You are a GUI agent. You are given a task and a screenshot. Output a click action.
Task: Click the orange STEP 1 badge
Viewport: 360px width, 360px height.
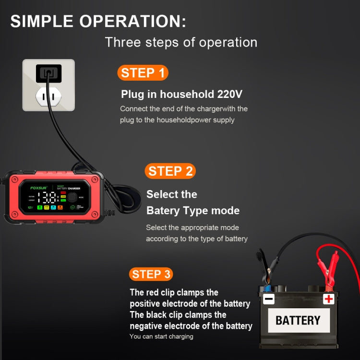coord(143,73)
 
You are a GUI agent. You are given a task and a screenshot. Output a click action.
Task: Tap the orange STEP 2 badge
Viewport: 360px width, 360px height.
coord(170,171)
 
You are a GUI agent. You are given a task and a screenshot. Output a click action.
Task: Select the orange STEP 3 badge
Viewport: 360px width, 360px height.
coord(151,274)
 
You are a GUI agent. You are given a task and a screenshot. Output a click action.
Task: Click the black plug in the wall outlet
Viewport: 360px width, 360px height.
coord(48,73)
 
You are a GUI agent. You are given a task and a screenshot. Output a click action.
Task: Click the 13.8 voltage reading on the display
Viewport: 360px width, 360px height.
coord(47,198)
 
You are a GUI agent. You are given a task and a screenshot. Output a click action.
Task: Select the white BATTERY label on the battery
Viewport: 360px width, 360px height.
coord(298,320)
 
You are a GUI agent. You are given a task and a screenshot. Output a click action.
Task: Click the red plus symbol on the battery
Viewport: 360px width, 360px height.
coord(328,299)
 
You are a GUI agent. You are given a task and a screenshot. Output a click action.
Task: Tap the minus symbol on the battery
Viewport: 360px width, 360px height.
coord(269,299)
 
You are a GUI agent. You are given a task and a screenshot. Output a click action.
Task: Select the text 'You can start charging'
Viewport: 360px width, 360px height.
coord(161,336)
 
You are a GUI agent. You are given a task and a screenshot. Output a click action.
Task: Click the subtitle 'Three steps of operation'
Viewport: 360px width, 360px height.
coord(181,42)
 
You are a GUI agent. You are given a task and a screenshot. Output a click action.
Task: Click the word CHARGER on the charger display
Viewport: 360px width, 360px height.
coord(77,188)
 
